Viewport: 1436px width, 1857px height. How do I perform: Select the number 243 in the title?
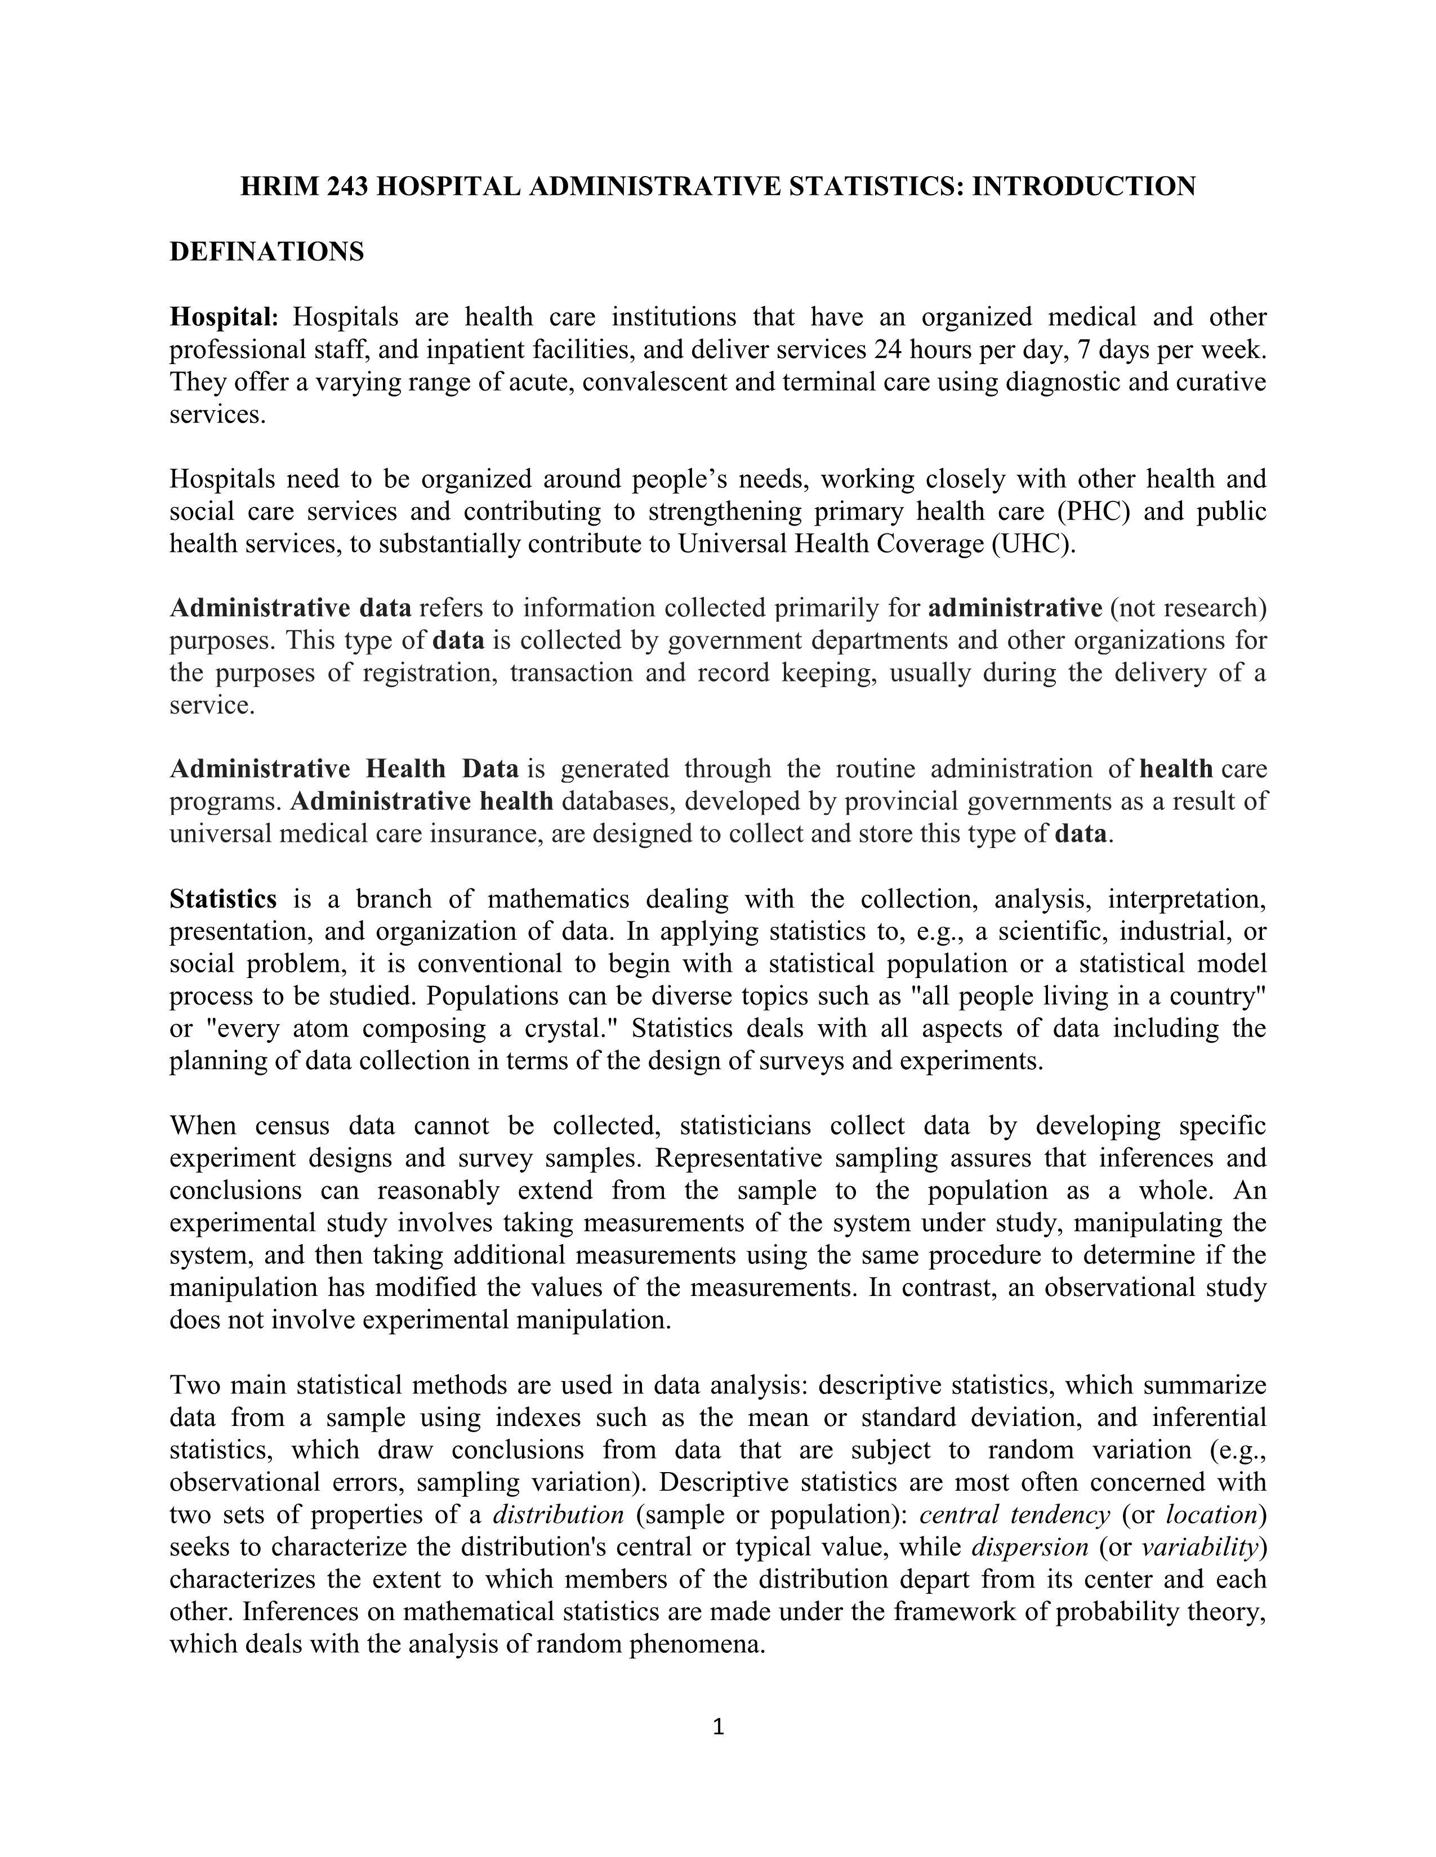[x=347, y=186]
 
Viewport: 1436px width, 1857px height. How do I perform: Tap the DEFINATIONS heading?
[x=266, y=252]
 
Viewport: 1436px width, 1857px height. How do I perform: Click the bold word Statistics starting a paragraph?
[x=223, y=899]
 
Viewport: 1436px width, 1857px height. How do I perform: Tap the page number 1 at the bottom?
[x=717, y=1727]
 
